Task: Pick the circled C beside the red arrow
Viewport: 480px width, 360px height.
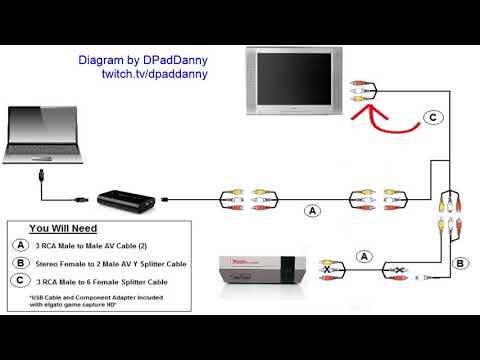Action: pos(432,117)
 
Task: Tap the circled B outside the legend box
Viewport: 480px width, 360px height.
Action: pos(460,264)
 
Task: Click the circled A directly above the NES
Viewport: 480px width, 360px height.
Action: pos(365,256)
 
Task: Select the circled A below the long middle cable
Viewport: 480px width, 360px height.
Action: pos(313,212)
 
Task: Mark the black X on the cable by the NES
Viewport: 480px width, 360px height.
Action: pos(328,270)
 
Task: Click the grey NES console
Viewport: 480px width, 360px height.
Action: pos(260,271)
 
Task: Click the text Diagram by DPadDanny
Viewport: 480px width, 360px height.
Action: pos(143,61)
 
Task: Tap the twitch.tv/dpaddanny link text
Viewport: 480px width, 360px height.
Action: pos(154,75)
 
